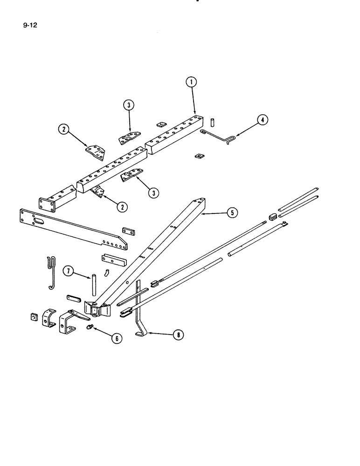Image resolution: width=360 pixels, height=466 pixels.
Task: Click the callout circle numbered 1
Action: [191, 83]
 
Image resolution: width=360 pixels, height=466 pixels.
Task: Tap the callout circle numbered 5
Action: [232, 213]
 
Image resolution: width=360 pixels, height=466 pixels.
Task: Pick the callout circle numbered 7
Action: [68, 271]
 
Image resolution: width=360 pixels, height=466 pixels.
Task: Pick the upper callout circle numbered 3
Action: [128, 105]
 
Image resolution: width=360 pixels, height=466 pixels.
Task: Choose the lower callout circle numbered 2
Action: [122, 206]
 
